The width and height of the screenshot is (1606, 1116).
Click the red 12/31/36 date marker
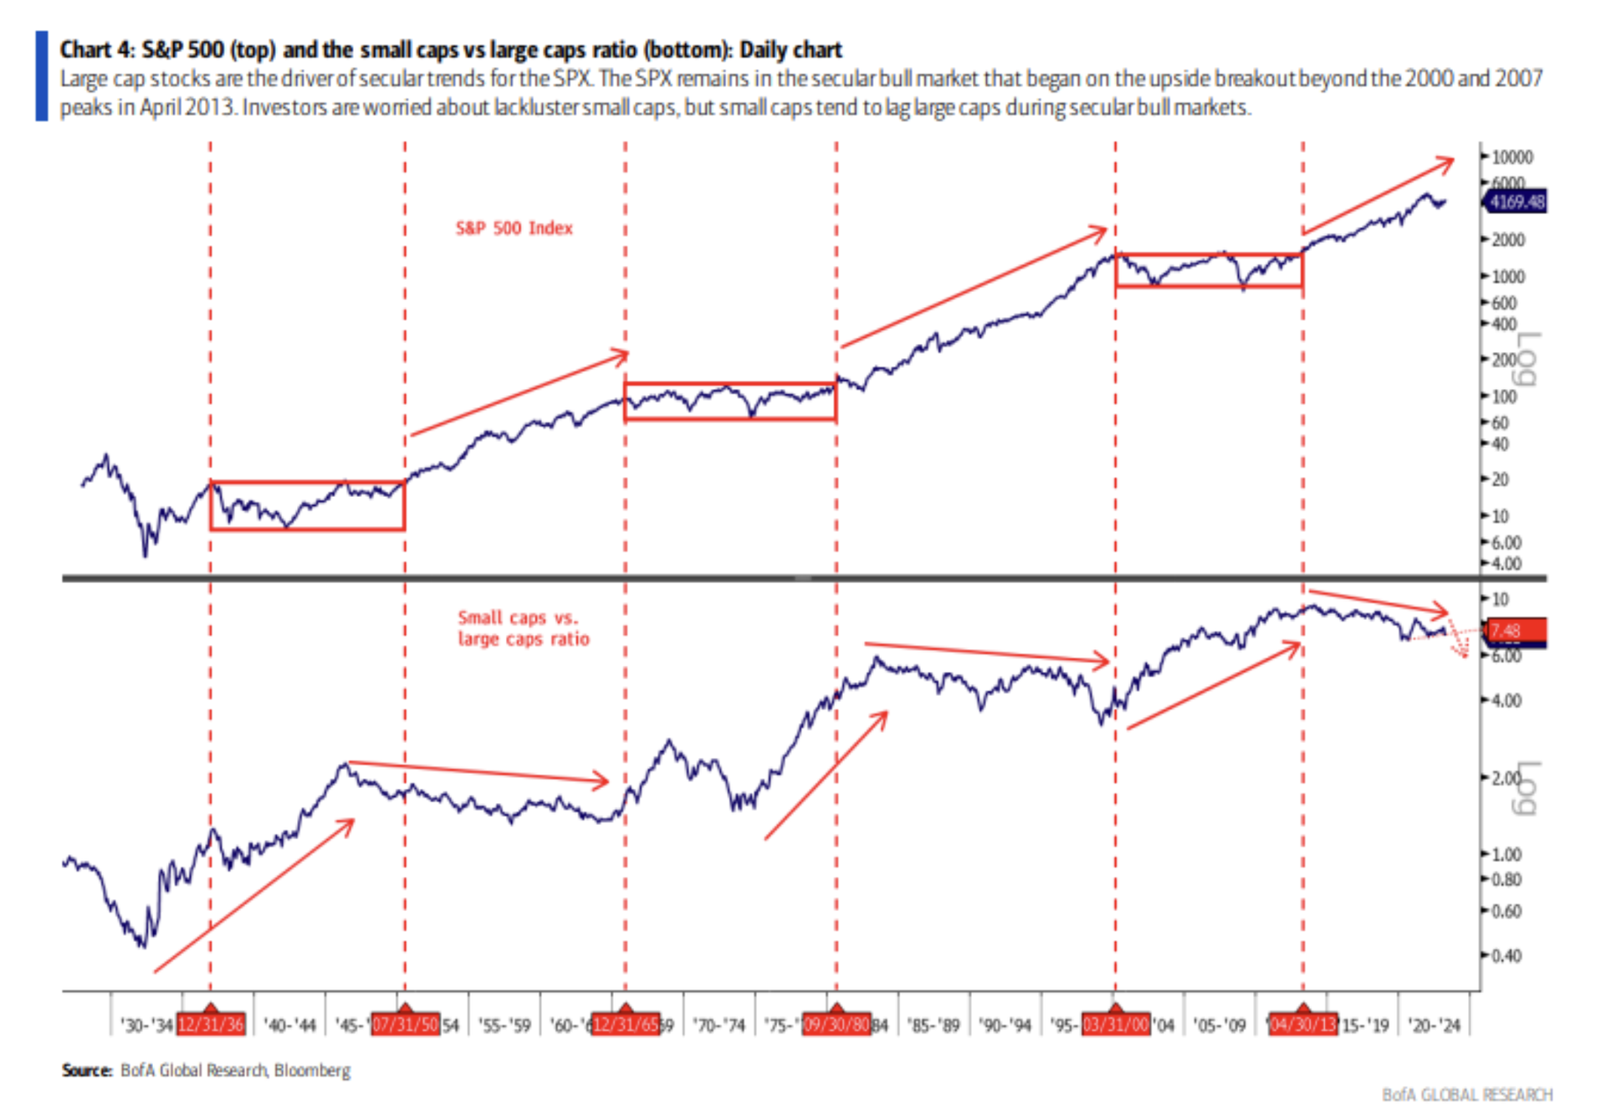pos(211,1024)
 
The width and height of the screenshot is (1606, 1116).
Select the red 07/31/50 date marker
pos(406,1024)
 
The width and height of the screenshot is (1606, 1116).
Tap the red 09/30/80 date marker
pos(836,1024)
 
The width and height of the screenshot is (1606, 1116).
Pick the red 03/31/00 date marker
pos(1116,1024)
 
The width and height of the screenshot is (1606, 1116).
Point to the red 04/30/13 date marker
pos(1303,1024)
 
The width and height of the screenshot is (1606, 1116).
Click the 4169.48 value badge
pos(1516,202)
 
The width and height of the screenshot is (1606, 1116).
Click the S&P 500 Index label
pos(514,228)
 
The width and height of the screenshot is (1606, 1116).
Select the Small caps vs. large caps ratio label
pos(523,628)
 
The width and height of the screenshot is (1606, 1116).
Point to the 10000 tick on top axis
pos(1512,157)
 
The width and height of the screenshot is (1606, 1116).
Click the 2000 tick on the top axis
pos(1508,240)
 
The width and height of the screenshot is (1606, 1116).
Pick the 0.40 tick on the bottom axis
pos(1506,955)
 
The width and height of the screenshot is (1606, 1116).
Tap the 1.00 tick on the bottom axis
pos(1506,854)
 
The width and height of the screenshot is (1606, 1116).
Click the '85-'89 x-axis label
pos(934,1025)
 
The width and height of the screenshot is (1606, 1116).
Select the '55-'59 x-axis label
pos(504,1025)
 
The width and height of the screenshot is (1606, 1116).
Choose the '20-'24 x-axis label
pos(1434,1025)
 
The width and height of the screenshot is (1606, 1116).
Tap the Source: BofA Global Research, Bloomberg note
pos(206,1070)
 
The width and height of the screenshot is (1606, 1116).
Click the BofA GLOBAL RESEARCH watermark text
pos(1467,1095)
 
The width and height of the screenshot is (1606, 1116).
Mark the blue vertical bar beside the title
pos(42,76)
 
